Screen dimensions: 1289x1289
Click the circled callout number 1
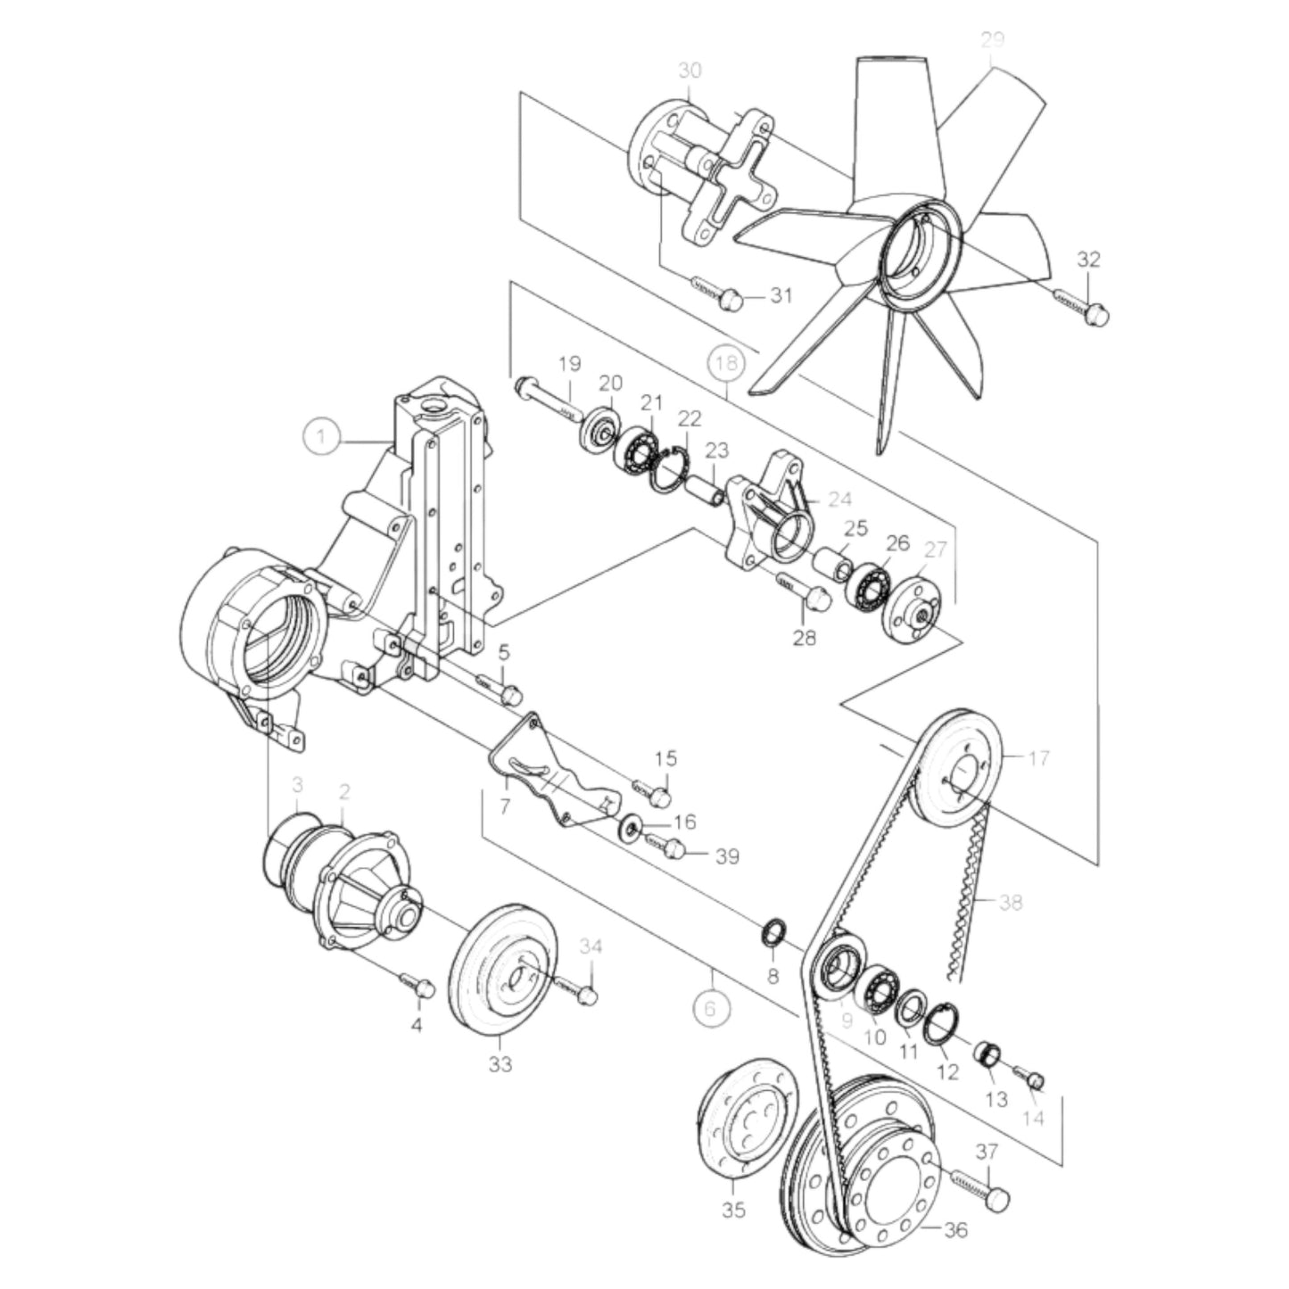tap(321, 437)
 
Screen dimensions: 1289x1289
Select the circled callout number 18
tap(727, 364)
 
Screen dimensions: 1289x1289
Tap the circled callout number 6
tap(711, 1008)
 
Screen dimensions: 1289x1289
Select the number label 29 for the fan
tap(992, 39)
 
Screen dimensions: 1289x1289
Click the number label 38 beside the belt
tap(1010, 903)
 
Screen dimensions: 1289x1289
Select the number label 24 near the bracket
tap(839, 500)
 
